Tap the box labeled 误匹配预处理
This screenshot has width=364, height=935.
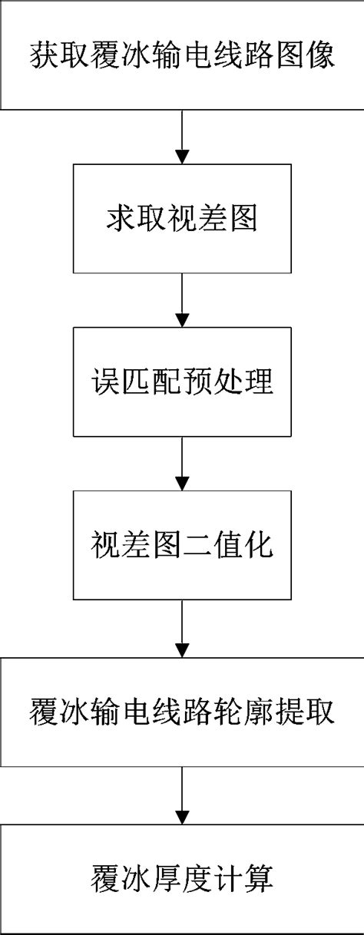[182, 382]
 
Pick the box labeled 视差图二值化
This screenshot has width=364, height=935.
[182, 546]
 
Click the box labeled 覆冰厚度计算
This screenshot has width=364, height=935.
[182, 878]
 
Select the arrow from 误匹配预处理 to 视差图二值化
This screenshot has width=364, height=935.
[182, 464]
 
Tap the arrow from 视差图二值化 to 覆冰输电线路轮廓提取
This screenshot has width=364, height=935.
[182, 629]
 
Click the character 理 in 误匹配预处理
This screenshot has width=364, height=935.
[258, 382]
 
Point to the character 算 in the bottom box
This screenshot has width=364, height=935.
[258, 878]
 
